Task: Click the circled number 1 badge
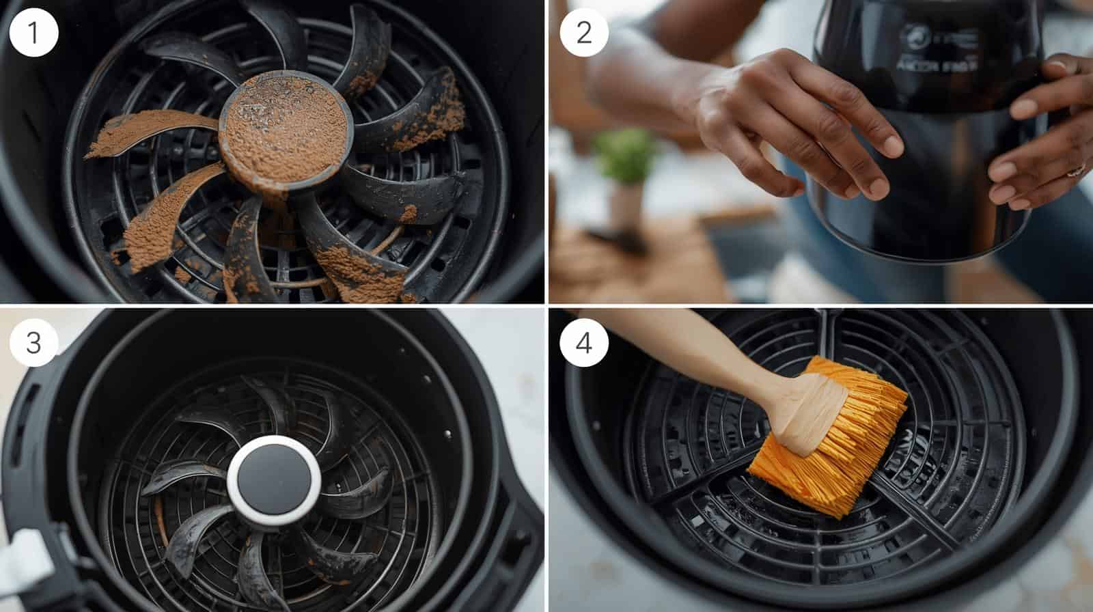click(34, 33)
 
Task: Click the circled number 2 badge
click(583, 33)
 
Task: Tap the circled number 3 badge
click(34, 342)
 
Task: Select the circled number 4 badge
click(583, 342)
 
